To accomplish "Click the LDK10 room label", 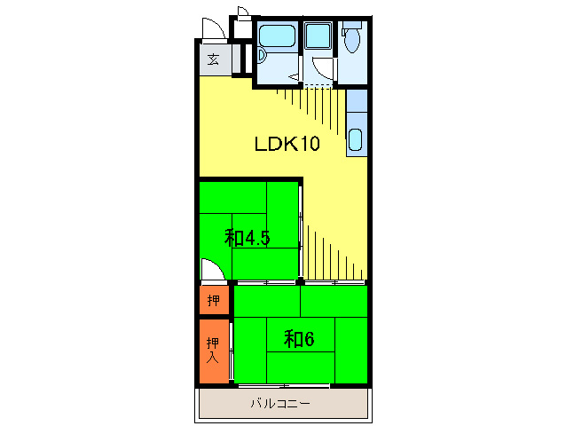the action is (x=287, y=144).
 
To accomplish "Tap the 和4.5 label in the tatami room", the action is (x=248, y=238).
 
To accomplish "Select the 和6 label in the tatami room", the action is (x=299, y=339).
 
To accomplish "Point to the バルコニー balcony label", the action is (x=280, y=403).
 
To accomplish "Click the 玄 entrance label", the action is (x=213, y=59).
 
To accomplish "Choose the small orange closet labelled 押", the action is (x=214, y=300).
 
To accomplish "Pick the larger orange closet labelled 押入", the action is (x=214, y=351).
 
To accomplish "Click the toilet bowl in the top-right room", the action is (x=352, y=41).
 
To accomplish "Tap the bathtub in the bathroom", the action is (x=278, y=35).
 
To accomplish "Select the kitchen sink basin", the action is (x=356, y=139).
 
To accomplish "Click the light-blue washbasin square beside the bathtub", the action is (x=318, y=35).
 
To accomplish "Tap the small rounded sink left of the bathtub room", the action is (x=262, y=56).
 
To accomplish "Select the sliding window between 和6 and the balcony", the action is (x=284, y=386).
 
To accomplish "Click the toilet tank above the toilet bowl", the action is (x=352, y=25).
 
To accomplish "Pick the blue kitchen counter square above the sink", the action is (x=357, y=100).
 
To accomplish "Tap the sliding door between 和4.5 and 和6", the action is (x=267, y=282).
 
